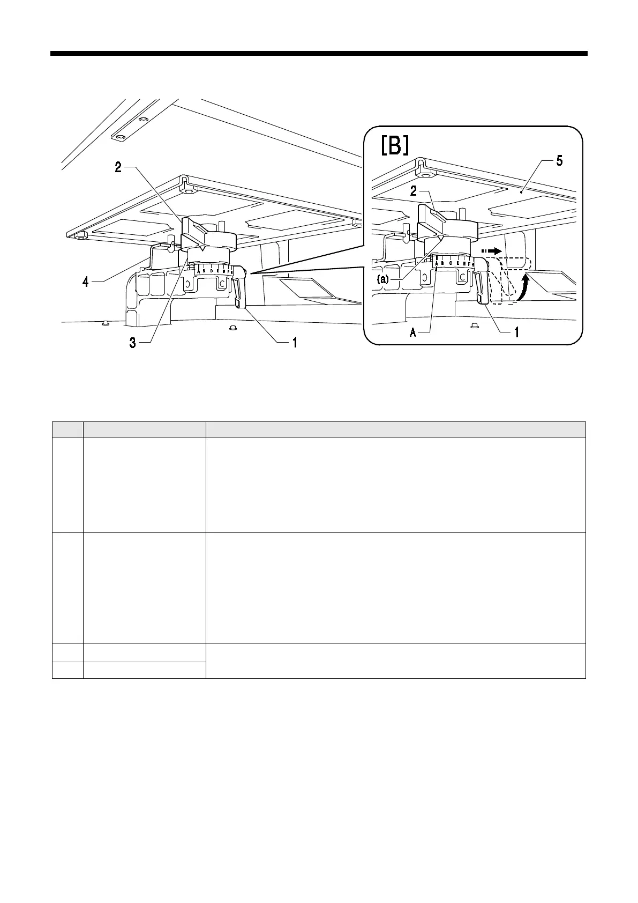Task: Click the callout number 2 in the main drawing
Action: [x=118, y=167]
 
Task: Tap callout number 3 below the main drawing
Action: [x=132, y=344]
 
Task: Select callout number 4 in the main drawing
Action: [x=86, y=282]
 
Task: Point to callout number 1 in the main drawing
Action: [x=294, y=343]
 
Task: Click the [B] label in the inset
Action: [x=395, y=145]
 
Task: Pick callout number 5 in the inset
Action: [x=559, y=161]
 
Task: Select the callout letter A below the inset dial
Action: [x=413, y=332]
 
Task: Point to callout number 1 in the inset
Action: [x=516, y=332]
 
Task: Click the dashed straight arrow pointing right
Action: [x=491, y=250]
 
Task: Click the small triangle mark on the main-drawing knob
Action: [x=201, y=248]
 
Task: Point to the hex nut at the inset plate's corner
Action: [x=425, y=175]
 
